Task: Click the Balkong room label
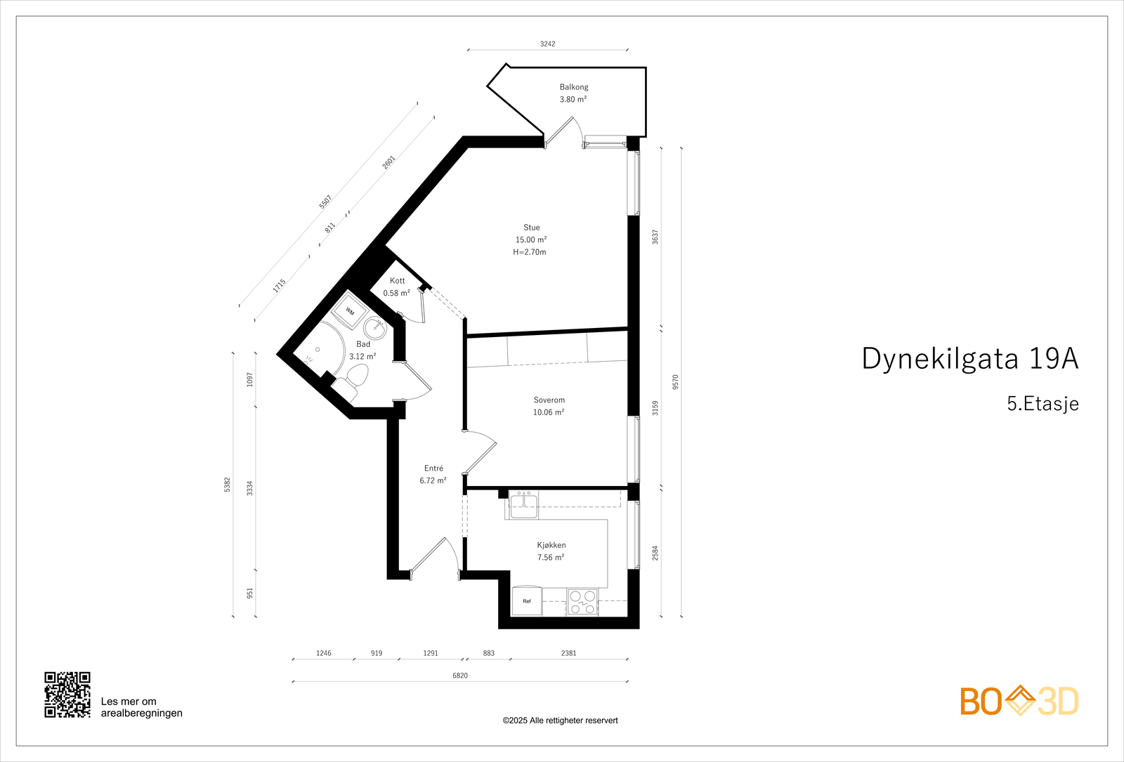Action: tap(574, 87)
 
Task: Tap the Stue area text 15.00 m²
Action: tap(531, 239)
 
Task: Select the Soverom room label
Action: tap(549, 400)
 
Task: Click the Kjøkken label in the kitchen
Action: tap(551, 545)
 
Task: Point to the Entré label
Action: tap(433, 468)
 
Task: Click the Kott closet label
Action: tap(397, 281)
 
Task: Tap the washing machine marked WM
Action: tap(350, 311)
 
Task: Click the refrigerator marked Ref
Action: tap(527, 601)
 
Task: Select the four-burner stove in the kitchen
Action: tap(583, 602)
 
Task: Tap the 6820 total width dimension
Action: tap(460, 676)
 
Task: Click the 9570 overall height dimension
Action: tap(676, 382)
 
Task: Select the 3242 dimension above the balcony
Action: tap(547, 44)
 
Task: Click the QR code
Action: tap(67, 695)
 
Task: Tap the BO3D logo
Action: tap(1019, 701)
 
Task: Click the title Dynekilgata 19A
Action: tap(969, 358)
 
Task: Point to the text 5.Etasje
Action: tap(1043, 404)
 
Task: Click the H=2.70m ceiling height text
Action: tap(530, 252)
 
